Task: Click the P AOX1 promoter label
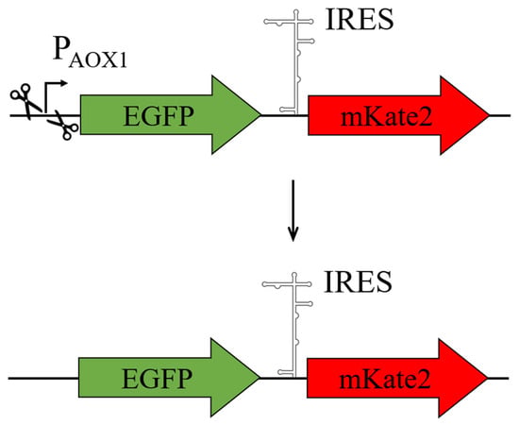coord(90,53)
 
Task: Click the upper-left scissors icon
coord(25,101)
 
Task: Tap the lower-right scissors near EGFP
coord(63,126)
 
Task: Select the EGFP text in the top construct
coord(159,116)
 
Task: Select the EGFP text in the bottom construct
coord(157,379)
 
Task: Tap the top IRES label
coord(360,20)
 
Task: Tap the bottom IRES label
coord(358,281)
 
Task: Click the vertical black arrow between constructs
coord(293,211)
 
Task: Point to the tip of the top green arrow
coord(261,115)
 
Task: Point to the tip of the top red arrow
coord(489,115)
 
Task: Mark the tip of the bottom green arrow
coord(259,378)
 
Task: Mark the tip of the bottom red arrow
coord(488,378)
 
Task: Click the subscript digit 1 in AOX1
coord(123,61)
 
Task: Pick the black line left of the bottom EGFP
coord(43,378)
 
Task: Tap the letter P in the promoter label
coord(60,48)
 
